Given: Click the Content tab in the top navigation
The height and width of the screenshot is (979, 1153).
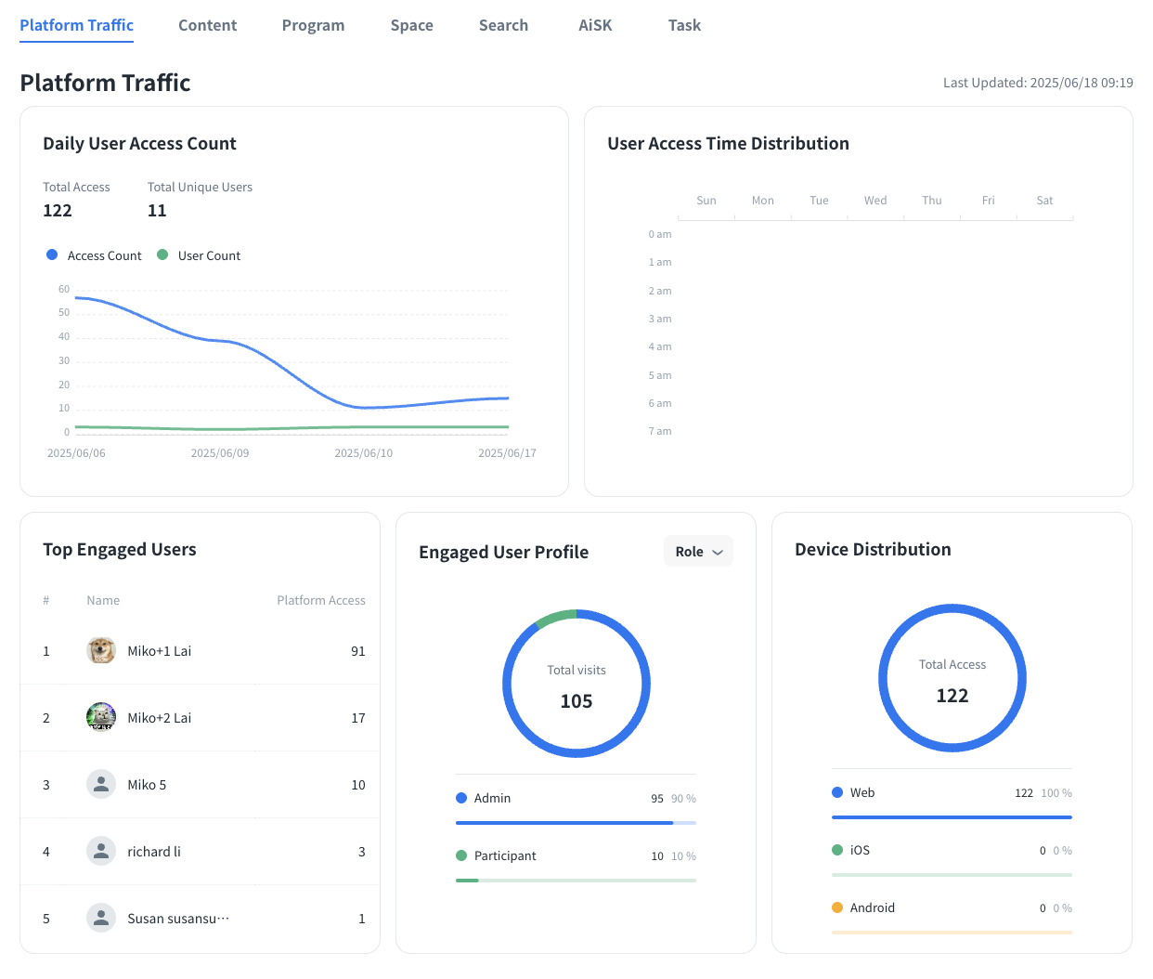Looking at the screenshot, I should point(207,26).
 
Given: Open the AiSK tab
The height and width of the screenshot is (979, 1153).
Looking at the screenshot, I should point(595,26).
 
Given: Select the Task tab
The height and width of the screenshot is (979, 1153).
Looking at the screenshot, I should point(684,26).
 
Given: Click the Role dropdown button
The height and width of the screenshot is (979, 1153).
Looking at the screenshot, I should point(698,552).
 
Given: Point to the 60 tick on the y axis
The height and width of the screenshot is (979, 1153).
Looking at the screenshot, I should point(64,289).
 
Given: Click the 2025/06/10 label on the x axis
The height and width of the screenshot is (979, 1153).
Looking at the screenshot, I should point(363,453).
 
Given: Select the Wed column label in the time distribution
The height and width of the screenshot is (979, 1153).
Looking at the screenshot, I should point(875,201).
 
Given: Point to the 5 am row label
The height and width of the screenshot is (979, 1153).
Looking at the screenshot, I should point(660,375).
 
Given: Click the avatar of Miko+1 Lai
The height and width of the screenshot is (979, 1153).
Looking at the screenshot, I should point(101,650).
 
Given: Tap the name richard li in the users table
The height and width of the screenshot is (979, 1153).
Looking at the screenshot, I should point(154,852).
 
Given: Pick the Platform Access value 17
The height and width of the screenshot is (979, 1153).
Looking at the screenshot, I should point(358,718).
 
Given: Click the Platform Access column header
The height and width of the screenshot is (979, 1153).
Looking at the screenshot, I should point(321,601).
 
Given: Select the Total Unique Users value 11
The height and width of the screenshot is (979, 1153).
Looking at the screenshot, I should point(157,211).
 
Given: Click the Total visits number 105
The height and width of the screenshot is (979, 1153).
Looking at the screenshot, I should point(576,701).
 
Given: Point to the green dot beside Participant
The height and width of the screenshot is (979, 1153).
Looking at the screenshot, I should point(461,855).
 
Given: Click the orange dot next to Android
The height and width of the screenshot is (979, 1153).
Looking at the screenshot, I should point(837,907).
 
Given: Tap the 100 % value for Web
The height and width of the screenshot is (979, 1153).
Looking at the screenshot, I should point(1056,793).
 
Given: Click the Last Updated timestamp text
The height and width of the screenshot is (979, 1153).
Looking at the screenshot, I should point(1038,83).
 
